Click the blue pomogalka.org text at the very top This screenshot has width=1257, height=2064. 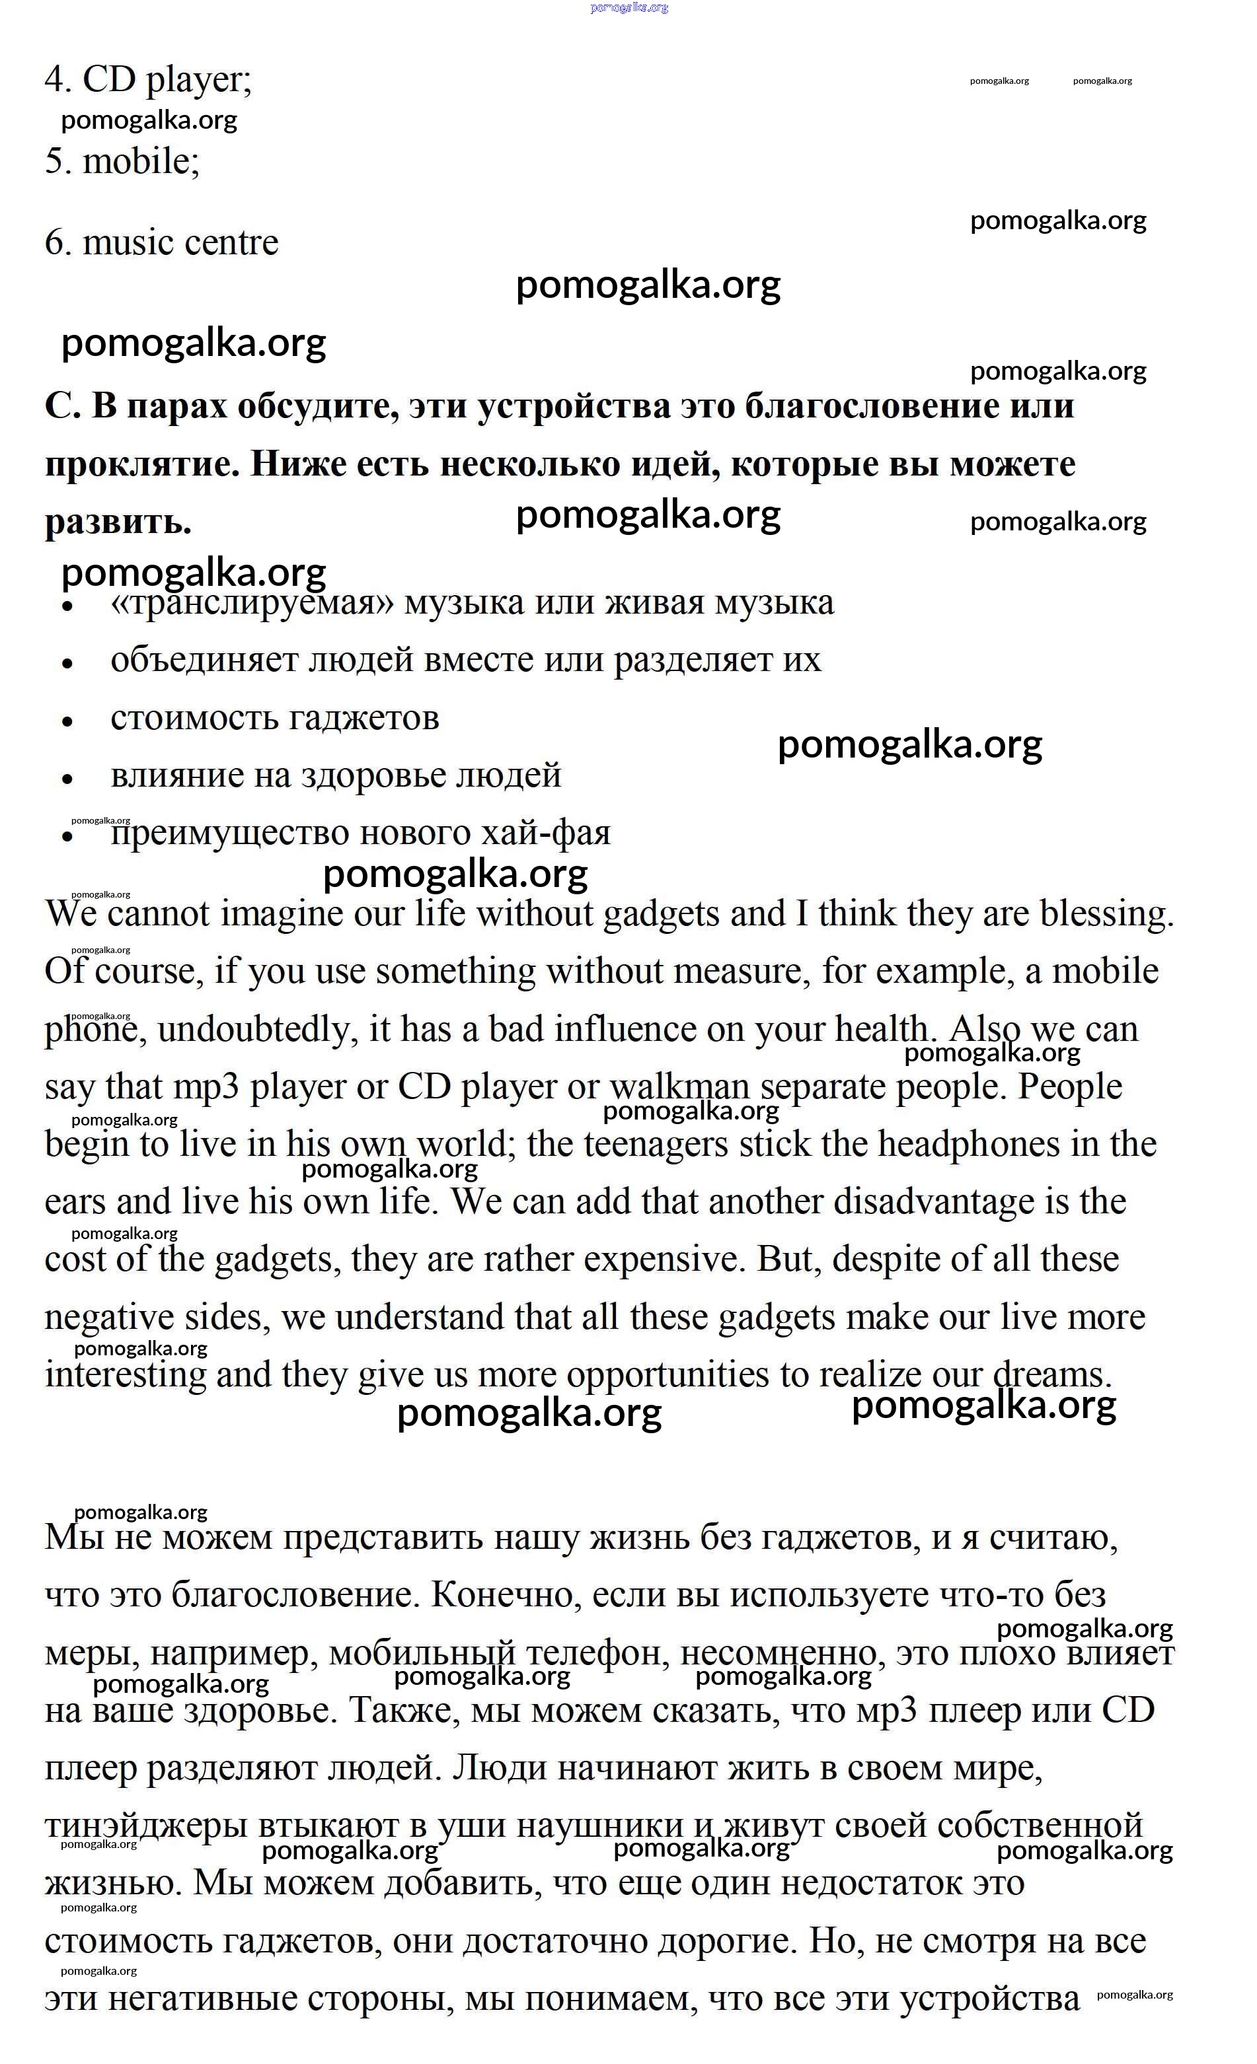coord(628,7)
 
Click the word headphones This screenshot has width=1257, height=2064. coord(968,1144)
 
